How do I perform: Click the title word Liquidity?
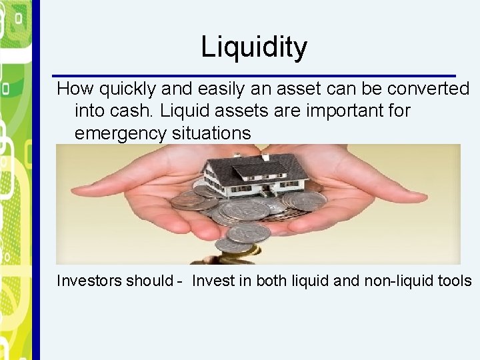(254, 47)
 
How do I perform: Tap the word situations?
(211, 133)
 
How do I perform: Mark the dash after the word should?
(179, 281)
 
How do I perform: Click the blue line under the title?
(254, 75)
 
